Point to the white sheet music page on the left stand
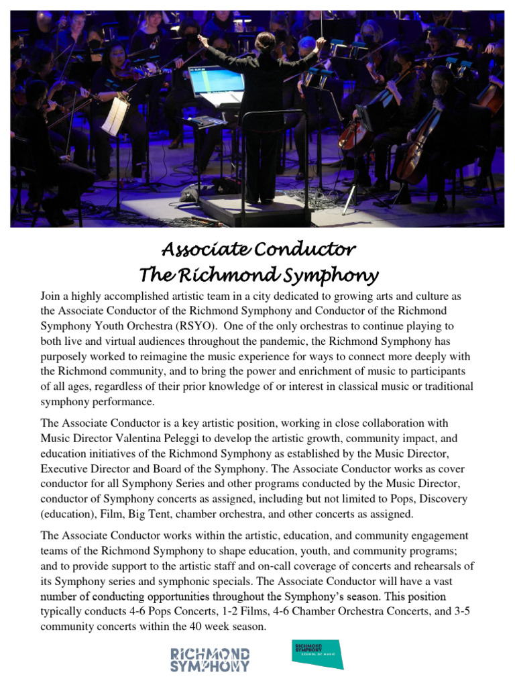coord(115,115)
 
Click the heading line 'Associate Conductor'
coord(258,250)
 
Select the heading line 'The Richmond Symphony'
coord(258,274)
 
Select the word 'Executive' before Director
coord(64,468)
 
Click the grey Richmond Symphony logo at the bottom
coord(210,659)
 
